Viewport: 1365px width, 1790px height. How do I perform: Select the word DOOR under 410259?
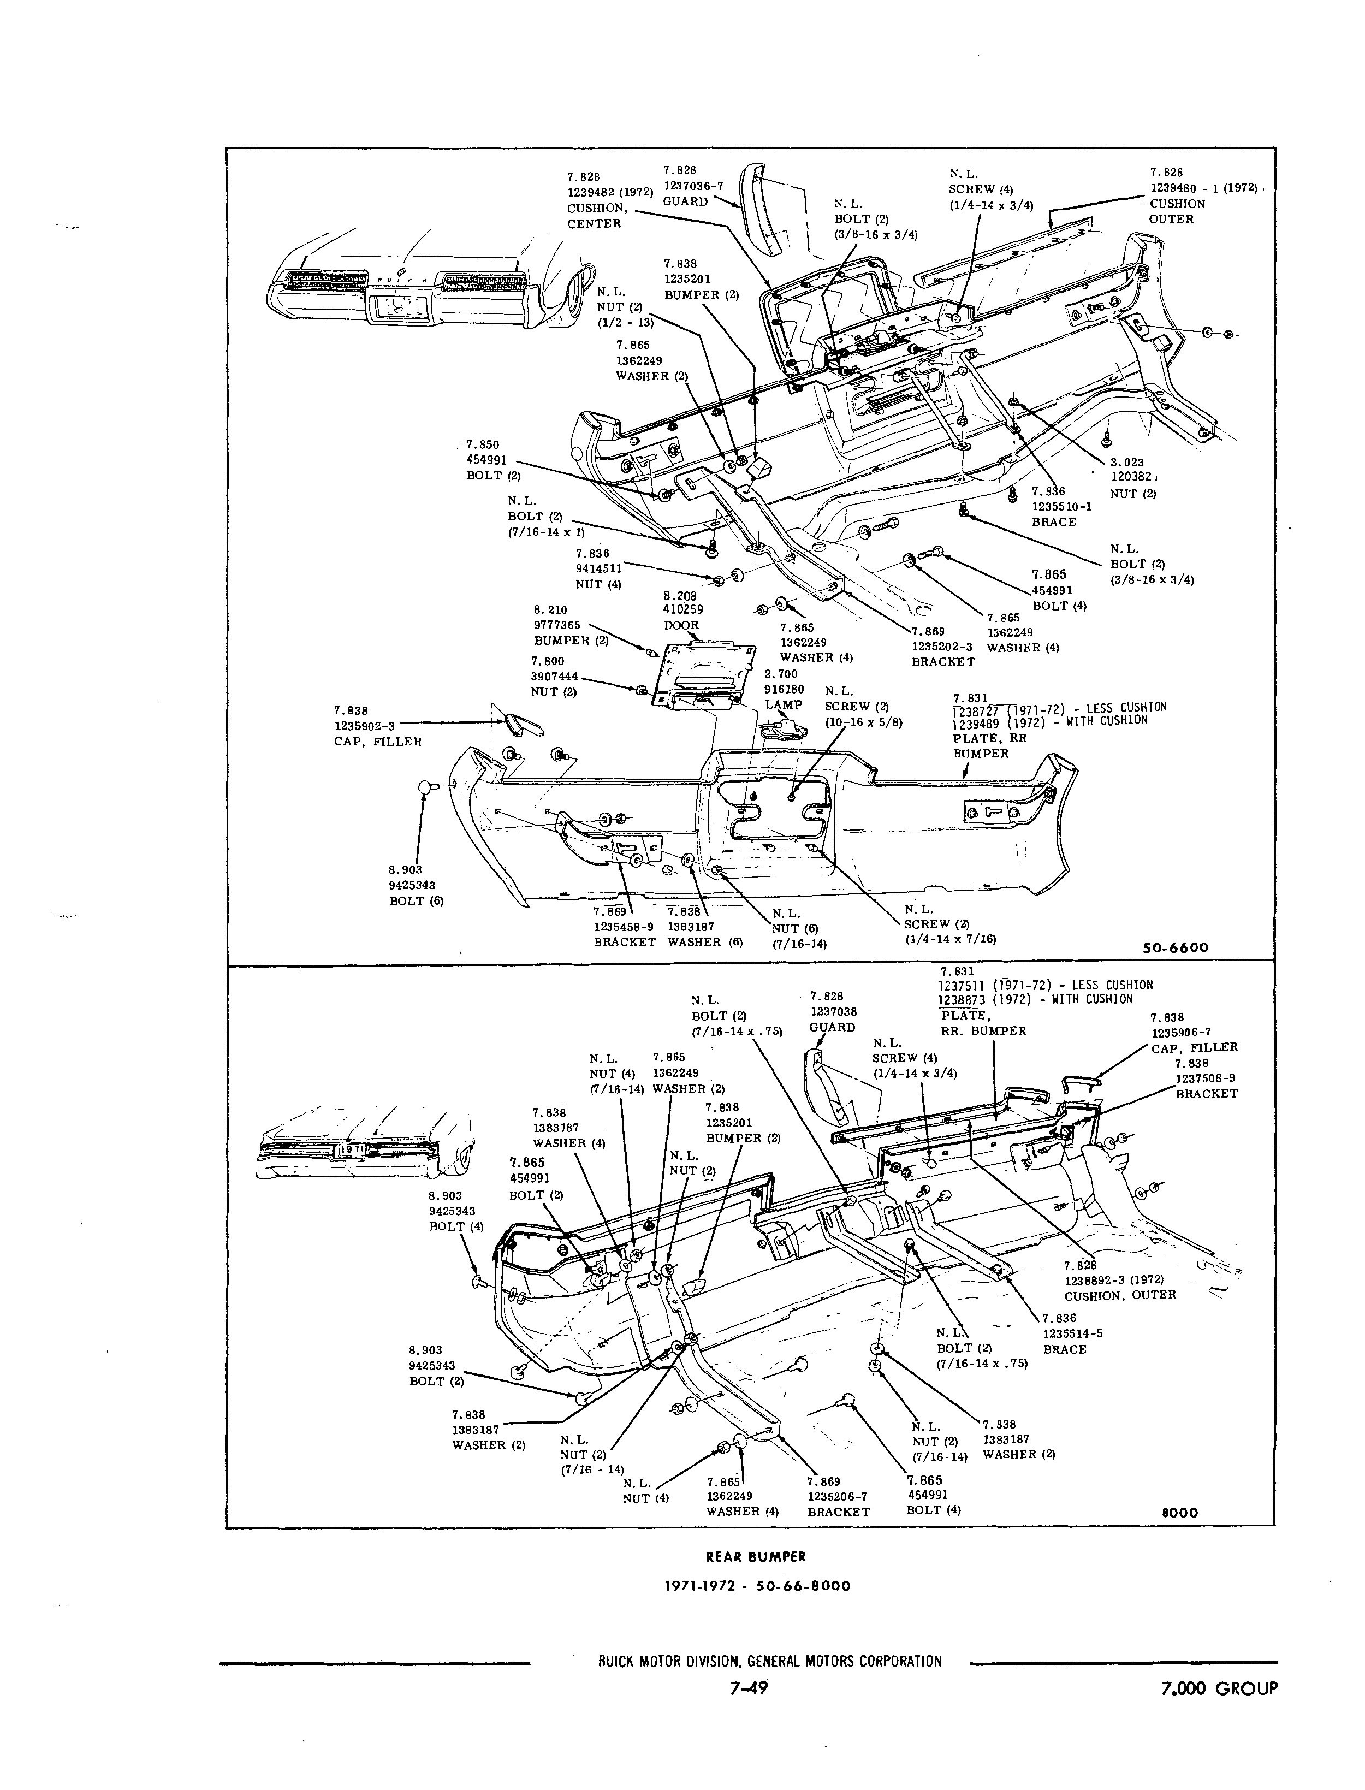681,626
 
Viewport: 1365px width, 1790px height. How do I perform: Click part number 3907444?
556,676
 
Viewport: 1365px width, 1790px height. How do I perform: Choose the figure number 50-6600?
1176,947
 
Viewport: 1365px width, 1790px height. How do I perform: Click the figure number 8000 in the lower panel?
1180,1513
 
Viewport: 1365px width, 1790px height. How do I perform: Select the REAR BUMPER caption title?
756,1557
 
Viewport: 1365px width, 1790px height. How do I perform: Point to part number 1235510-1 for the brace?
1061,506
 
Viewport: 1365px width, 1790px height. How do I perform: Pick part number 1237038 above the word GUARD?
833,1012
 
